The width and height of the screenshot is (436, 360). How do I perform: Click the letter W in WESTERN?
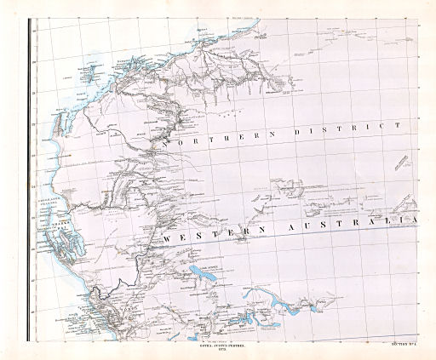pyautogui.click(x=168, y=240)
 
